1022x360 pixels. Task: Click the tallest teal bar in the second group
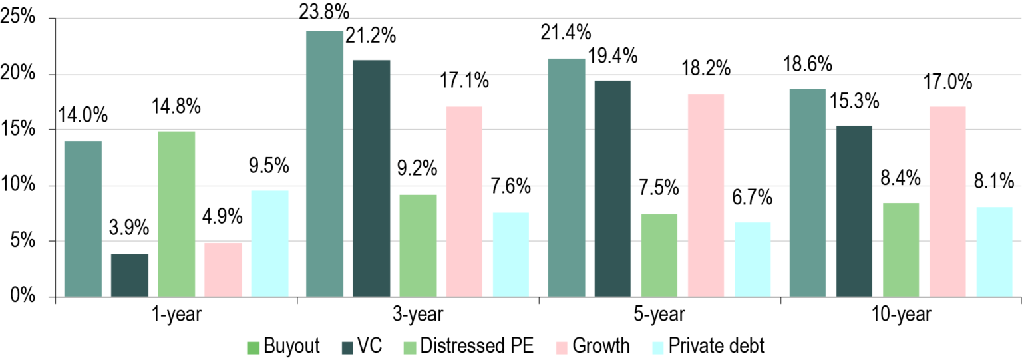(325, 163)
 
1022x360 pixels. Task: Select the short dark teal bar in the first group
(130, 275)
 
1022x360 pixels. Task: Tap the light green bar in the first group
(176, 214)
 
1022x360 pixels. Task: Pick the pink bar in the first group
(223, 269)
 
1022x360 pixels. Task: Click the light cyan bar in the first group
(269, 243)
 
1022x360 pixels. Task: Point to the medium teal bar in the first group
(83, 218)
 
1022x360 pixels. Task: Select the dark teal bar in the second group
(371, 178)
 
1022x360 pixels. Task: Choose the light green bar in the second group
(418, 245)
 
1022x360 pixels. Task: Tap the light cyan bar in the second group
(510, 254)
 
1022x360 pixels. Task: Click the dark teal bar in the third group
(612, 188)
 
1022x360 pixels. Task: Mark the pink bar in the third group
(706, 195)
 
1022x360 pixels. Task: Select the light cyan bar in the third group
(753, 259)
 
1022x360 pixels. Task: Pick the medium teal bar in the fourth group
(808, 192)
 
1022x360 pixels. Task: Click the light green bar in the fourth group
(901, 249)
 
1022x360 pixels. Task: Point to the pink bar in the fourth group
(947, 201)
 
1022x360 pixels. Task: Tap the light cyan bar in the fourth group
(994, 252)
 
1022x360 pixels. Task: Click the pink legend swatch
(562, 348)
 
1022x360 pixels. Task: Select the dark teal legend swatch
(347, 348)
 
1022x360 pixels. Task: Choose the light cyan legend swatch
(657, 348)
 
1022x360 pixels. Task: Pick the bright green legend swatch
(253, 348)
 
